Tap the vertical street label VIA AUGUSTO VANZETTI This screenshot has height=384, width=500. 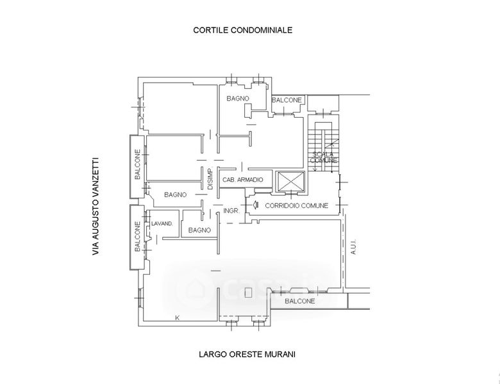pyautogui.click(x=96, y=207)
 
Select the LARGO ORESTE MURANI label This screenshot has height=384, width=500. pyautogui.click(x=247, y=354)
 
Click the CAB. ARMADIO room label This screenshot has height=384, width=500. pyautogui.click(x=242, y=180)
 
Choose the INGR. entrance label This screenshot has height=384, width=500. pyautogui.click(x=231, y=211)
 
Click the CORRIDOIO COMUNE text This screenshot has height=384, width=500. pyautogui.click(x=297, y=205)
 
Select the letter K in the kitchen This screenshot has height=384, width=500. pyautogui.click(x=177, y=317)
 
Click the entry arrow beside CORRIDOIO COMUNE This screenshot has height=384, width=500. pyautogui.click(x=254, y=205)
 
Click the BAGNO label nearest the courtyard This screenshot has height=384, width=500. pyautogui.click(x=238, y=99)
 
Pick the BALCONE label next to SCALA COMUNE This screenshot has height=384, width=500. pyautogui.click(x=287, y=100)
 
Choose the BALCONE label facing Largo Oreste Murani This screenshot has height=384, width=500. pyautogui.click(x=299, y=300)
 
